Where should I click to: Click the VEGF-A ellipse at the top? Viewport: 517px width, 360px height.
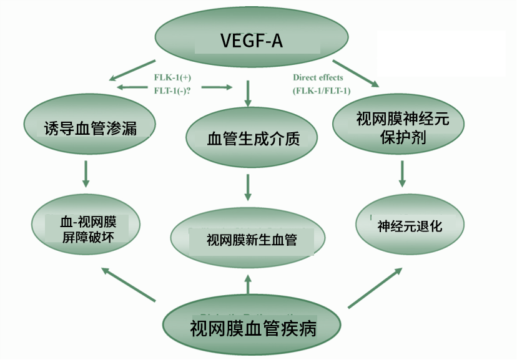pos(250,41)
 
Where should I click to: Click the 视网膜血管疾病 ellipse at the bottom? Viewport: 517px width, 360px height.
pos(252,326)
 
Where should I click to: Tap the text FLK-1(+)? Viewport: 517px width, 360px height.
pos(170,77)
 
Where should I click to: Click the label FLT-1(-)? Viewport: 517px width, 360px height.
pos(172,90)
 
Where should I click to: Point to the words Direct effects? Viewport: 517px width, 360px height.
pos(318,77)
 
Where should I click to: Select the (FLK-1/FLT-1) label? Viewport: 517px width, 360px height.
pos(322,90)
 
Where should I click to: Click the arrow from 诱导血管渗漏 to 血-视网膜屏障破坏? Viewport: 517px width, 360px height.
pos(86,173)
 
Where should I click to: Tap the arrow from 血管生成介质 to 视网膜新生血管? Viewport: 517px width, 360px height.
pos(248,188)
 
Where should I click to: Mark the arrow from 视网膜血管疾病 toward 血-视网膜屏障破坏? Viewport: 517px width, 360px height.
pos(128,285)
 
